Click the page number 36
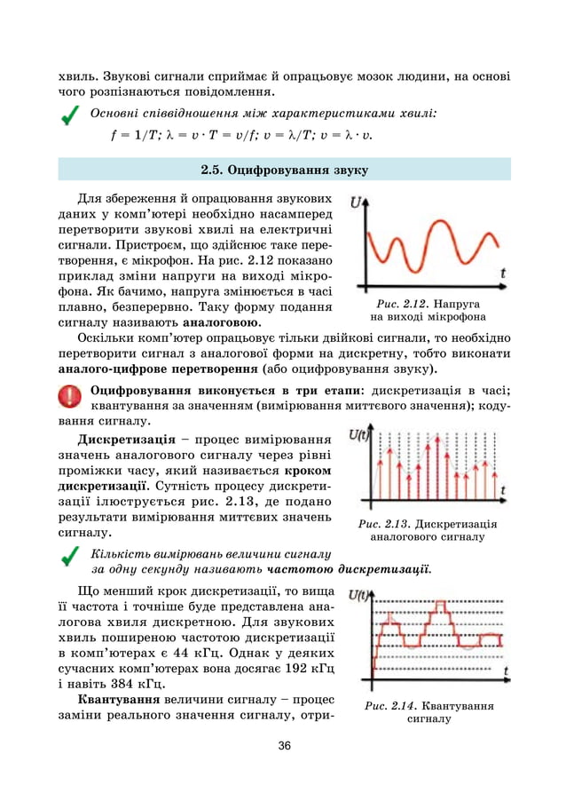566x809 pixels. pos(284,745)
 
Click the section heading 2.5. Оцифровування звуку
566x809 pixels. pos(284,169)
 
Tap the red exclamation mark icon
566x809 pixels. pos(67,396)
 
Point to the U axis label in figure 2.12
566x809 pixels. pos(357,202)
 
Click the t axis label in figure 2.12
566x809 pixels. pos(503,274)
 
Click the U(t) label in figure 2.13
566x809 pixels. pos(359,434)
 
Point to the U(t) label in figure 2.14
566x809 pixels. pos(359,596)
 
